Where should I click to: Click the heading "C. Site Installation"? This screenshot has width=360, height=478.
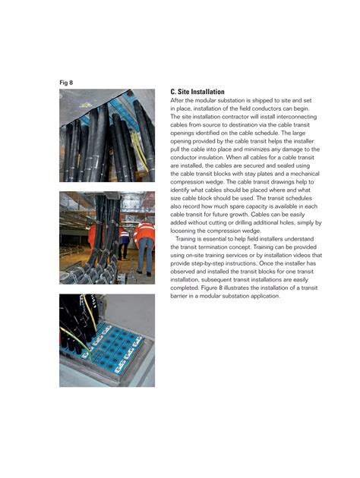(197, 92)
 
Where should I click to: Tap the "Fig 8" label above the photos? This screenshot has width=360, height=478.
(66, 82)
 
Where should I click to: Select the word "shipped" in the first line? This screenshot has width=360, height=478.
(263, 101)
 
